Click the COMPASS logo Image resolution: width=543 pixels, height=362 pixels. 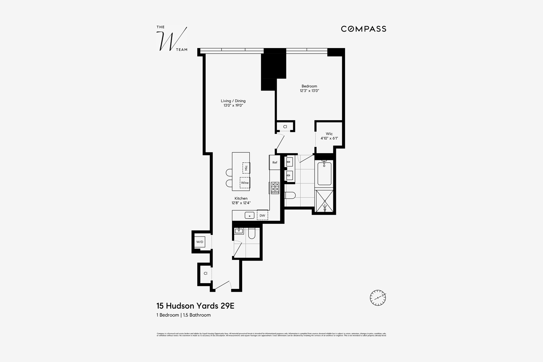pos(363,29)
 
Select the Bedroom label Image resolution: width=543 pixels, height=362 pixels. pos(309,86)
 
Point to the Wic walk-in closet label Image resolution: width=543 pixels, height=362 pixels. pos(329,134)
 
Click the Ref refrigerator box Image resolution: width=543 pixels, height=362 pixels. pos(275,163)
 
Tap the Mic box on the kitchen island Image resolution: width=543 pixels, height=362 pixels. pos(246,168)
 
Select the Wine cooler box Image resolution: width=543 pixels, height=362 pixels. pos(245,183)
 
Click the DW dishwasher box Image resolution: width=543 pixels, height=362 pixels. pos(262,215)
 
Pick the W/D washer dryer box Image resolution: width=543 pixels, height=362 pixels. pos(200,242)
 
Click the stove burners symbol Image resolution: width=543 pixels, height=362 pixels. pos(275,188)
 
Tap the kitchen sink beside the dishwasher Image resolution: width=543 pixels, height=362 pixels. pos(249,215)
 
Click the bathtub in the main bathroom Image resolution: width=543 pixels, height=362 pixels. pos(324,173)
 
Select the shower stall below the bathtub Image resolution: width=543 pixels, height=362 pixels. pos(325,201)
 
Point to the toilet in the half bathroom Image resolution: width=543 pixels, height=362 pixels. pos(252,234)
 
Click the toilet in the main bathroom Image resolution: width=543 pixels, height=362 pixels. pos(290,195)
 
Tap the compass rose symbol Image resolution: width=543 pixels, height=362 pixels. pos(378,298)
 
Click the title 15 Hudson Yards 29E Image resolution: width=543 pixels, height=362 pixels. pos(195,306)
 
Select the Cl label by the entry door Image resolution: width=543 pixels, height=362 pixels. pos(205,273)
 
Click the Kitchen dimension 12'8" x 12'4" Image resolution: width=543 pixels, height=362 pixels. pos(241,203)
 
